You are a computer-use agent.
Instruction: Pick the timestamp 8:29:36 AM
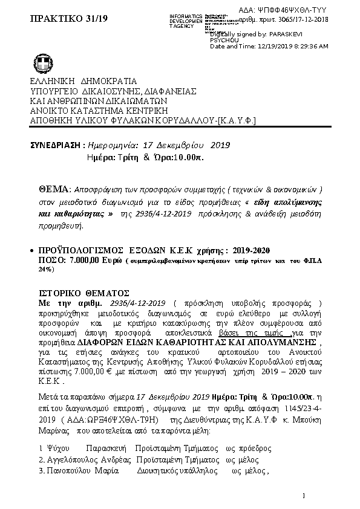coord(307,47)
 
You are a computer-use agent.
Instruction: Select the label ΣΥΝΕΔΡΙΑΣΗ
coord(56,145)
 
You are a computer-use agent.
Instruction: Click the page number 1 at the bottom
coord(304,496)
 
